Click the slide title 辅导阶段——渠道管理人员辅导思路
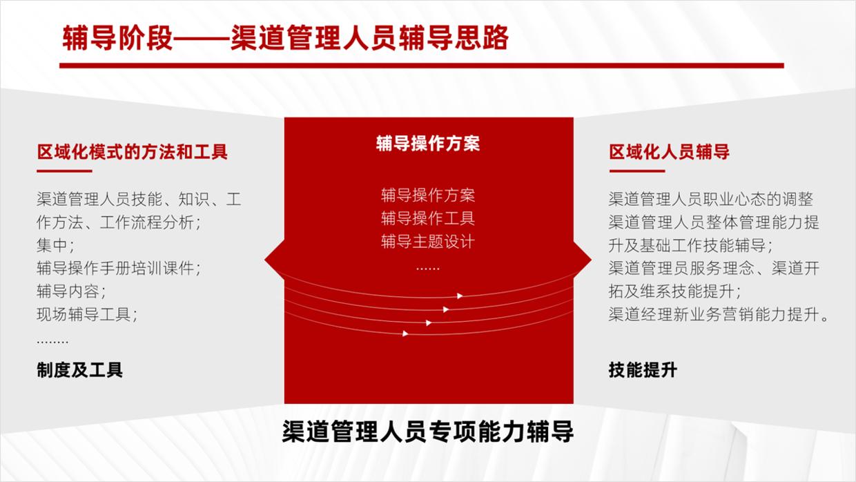pos(285,39)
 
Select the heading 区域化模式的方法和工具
pos(132,151)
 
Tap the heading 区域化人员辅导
pos(669,151)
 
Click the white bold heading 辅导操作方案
pos(428,143)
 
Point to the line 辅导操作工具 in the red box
pos(428,219)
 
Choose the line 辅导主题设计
pos(428,242)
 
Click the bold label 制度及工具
pos(79,369)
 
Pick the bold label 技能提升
pos(643,369)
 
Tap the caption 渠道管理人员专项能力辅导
pos(428,432)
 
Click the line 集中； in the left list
pos(55,245)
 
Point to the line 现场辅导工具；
pos(87,314)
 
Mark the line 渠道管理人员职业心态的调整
pos(710,200)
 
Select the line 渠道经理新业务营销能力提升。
pos(719,314)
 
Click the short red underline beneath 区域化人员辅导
pos(636,171)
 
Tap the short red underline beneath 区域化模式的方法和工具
pos(64,171)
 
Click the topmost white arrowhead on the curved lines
pos(460,296)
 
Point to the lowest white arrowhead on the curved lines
pos(406,334)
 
